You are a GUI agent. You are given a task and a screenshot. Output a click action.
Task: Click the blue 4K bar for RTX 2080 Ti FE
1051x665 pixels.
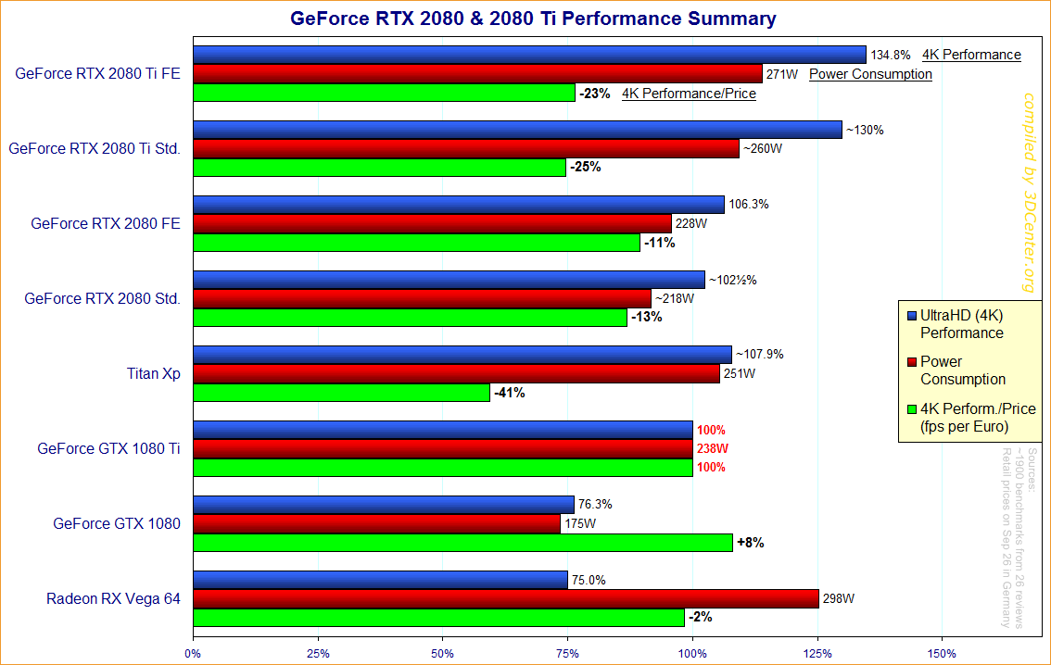tap(529, 55)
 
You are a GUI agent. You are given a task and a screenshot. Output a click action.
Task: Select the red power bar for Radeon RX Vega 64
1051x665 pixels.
tap(506, 598)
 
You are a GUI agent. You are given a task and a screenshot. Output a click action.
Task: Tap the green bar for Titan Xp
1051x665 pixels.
tap(341, 393)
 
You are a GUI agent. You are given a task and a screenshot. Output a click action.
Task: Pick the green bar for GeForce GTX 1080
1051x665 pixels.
tap(462, 543)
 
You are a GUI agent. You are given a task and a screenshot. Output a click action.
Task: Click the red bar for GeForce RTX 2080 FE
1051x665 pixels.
tap(432, 223)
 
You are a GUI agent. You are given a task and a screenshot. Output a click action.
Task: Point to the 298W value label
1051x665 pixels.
tap(838, 598)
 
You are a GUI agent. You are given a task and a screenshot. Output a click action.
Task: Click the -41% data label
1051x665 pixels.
tap(510, 393)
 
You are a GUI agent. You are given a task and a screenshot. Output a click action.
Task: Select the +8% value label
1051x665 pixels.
tap(750, 543)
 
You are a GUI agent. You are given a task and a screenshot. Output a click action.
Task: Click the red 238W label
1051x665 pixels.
tap(712, 448)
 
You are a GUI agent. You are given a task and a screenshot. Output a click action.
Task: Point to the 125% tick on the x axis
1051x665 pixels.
tap(817, 653)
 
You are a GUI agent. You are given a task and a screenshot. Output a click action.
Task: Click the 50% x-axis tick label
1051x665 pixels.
tap(443, 653)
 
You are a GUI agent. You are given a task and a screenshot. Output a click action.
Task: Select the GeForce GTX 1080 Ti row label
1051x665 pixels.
tap(108, 448)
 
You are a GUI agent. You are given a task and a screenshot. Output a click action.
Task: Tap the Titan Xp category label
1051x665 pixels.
tap(153, 374)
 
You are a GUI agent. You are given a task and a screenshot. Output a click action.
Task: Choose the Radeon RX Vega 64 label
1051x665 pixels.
tap(113, 598)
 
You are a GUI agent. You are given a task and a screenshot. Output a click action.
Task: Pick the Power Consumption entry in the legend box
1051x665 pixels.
tap(962, 370)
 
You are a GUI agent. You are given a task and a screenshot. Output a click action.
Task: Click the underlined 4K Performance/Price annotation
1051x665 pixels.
tap(689, 94)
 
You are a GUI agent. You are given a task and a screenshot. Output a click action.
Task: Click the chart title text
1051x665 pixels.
tap(533, 18)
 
